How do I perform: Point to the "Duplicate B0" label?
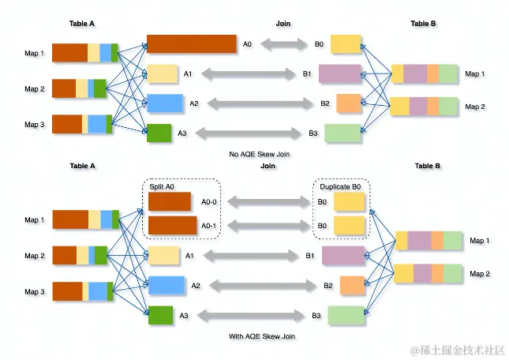340,186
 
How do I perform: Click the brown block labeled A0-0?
170,201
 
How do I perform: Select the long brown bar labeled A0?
192,44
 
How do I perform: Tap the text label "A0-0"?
211,201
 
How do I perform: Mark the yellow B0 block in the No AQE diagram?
346,44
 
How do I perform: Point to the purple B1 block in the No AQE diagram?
340,74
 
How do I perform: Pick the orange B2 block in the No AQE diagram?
348,103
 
